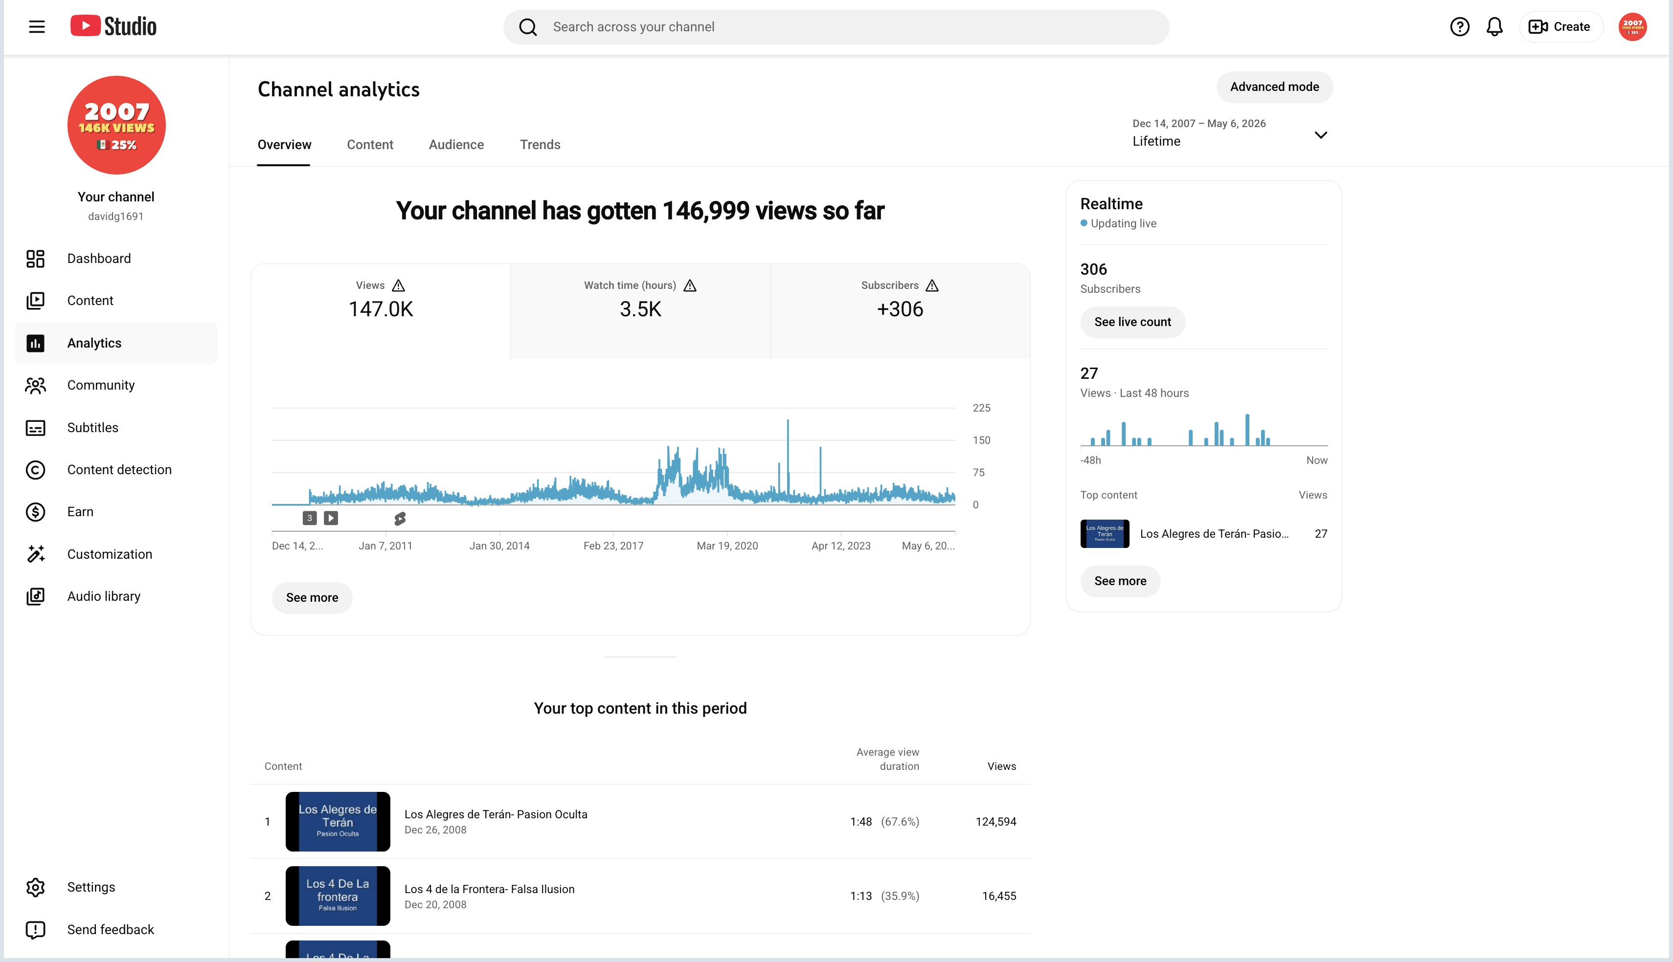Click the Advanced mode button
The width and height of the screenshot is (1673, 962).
pos(1274,87)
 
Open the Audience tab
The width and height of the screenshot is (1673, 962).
pos(456,145)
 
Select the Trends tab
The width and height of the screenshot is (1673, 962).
pos(540,145)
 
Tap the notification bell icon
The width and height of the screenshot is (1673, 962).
pos(1494,27)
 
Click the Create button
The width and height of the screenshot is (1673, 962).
pos(1560,27)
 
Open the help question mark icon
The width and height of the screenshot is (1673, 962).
pos(1460,27)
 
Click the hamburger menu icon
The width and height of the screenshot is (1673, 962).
pos(37,27)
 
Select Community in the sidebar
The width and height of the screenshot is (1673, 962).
pos(100,385)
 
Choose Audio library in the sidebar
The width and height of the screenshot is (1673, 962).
pos(104,597)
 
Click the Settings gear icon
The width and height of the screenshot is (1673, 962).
pos(36,887)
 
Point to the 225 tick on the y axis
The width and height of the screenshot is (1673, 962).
pos(981,408)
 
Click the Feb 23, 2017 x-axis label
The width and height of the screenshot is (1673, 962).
pos(613,546)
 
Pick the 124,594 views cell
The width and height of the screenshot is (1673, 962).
pos(995,822)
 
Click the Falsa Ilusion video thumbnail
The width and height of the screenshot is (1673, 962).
pos(338,896)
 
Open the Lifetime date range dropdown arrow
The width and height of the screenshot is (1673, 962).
pos(1321,135)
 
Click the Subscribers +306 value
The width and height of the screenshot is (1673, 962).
pos(900,309)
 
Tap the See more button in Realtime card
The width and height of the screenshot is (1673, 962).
pos(1120,581)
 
